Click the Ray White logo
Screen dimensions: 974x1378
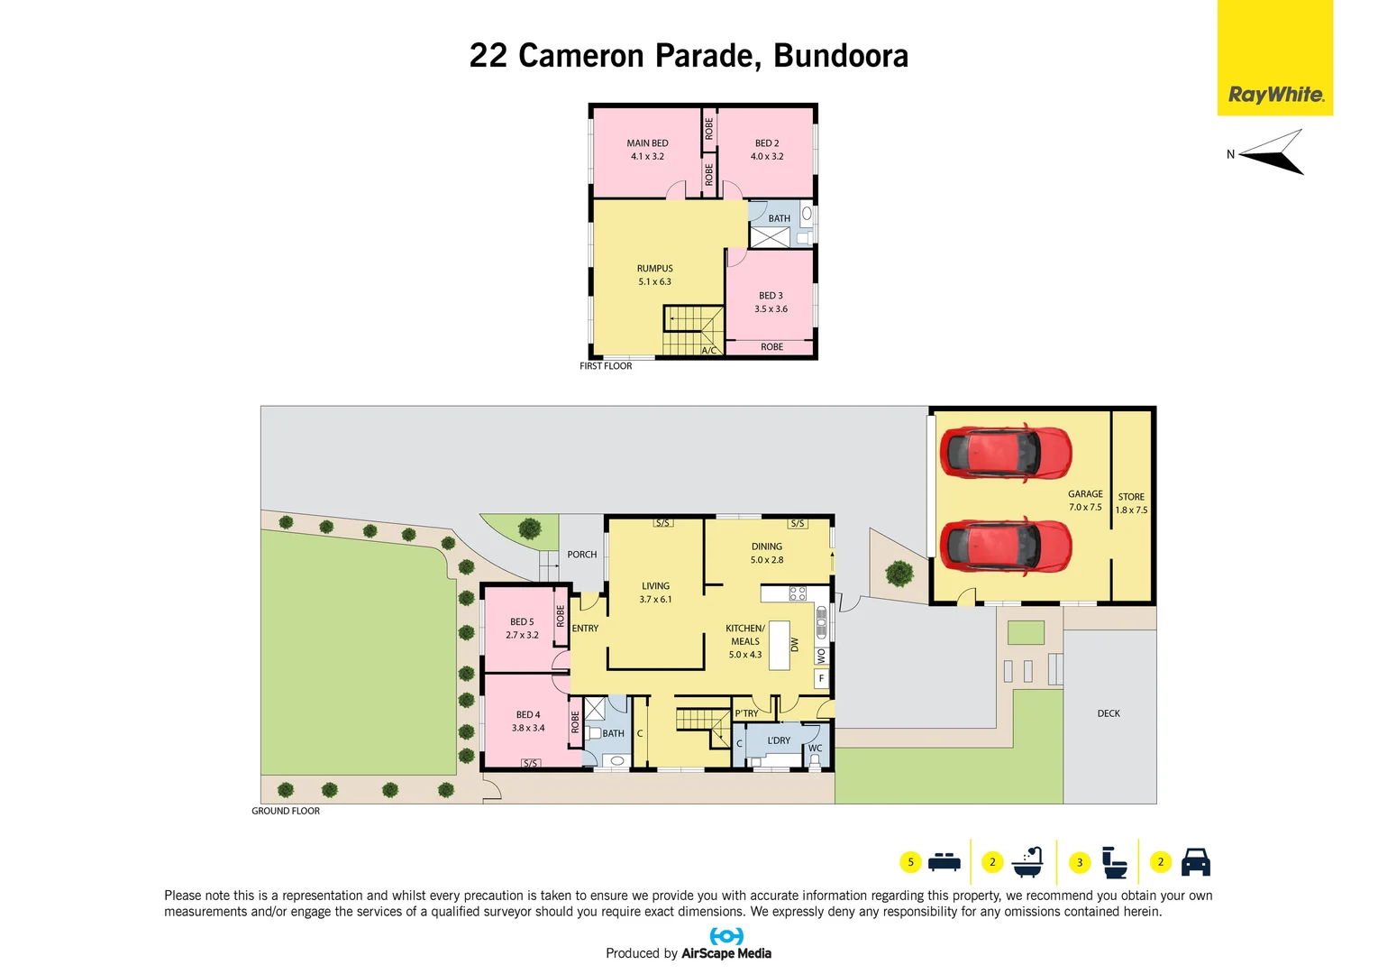click(x=1275, y=94)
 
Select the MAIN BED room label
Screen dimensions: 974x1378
click(x=647, y=150)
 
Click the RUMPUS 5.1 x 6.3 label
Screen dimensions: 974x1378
click(x=655, y=275)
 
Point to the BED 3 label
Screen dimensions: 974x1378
click(x=771, y=302)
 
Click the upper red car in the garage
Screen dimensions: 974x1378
click(x=1005, y=453)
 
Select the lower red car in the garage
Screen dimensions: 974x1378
click(x=1005, y=547)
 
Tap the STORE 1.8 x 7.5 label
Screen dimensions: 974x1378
click(x=1131, y=503)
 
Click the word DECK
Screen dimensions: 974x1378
click(x=1109, y=713)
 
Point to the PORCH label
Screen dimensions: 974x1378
click(x=582, y=555)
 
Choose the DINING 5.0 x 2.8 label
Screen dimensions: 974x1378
click(x=767, y=553)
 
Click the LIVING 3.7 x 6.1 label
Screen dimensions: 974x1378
click(x=656, y=593)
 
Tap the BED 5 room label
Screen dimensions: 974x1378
click(x=522, y=629)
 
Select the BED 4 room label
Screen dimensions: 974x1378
click(x=528, y=721)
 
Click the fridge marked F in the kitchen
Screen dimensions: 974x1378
click(x=821, y=678)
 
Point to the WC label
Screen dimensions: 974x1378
click(x=815, y=749)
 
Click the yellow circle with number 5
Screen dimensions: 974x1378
click(x=910, y=862)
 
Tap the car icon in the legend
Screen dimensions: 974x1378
click(x=1195, y=862)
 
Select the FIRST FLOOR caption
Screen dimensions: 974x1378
click(x=606, y=366)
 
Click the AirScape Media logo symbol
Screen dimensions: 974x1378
click(x=726, y=936)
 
